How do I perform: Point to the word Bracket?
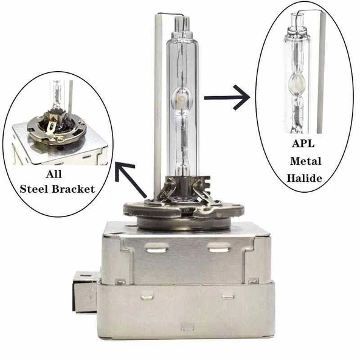[75, 189]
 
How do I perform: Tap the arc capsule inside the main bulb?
[181, 96]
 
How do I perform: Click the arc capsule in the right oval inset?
[298, 83]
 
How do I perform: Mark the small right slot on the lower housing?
[227, 297]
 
